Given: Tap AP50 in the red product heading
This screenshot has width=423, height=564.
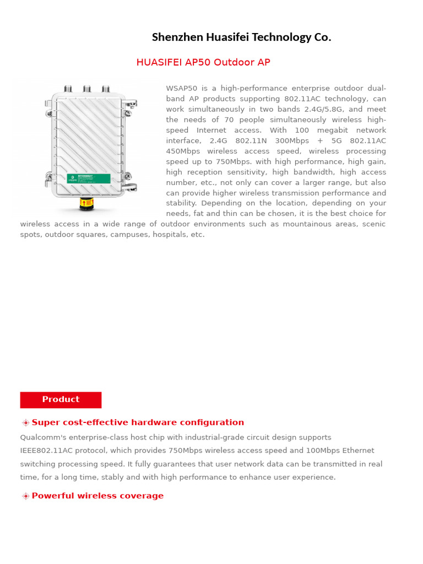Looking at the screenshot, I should [198, 62].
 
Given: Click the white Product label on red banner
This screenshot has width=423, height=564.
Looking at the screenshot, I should [61, 399].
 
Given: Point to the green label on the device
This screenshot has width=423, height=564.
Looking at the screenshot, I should [89, 177].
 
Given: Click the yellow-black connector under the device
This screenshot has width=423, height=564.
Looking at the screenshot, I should [86, 204].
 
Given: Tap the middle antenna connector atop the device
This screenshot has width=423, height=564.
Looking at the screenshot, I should [86, 89].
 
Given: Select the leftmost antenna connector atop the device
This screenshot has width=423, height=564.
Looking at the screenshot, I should [68, 89].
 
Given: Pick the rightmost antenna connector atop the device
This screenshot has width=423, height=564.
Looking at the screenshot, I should [106, 89].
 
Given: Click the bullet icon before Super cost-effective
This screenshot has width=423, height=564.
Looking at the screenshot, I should [25, 423].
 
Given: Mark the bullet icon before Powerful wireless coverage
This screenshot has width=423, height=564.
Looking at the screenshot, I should [25, 496].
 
